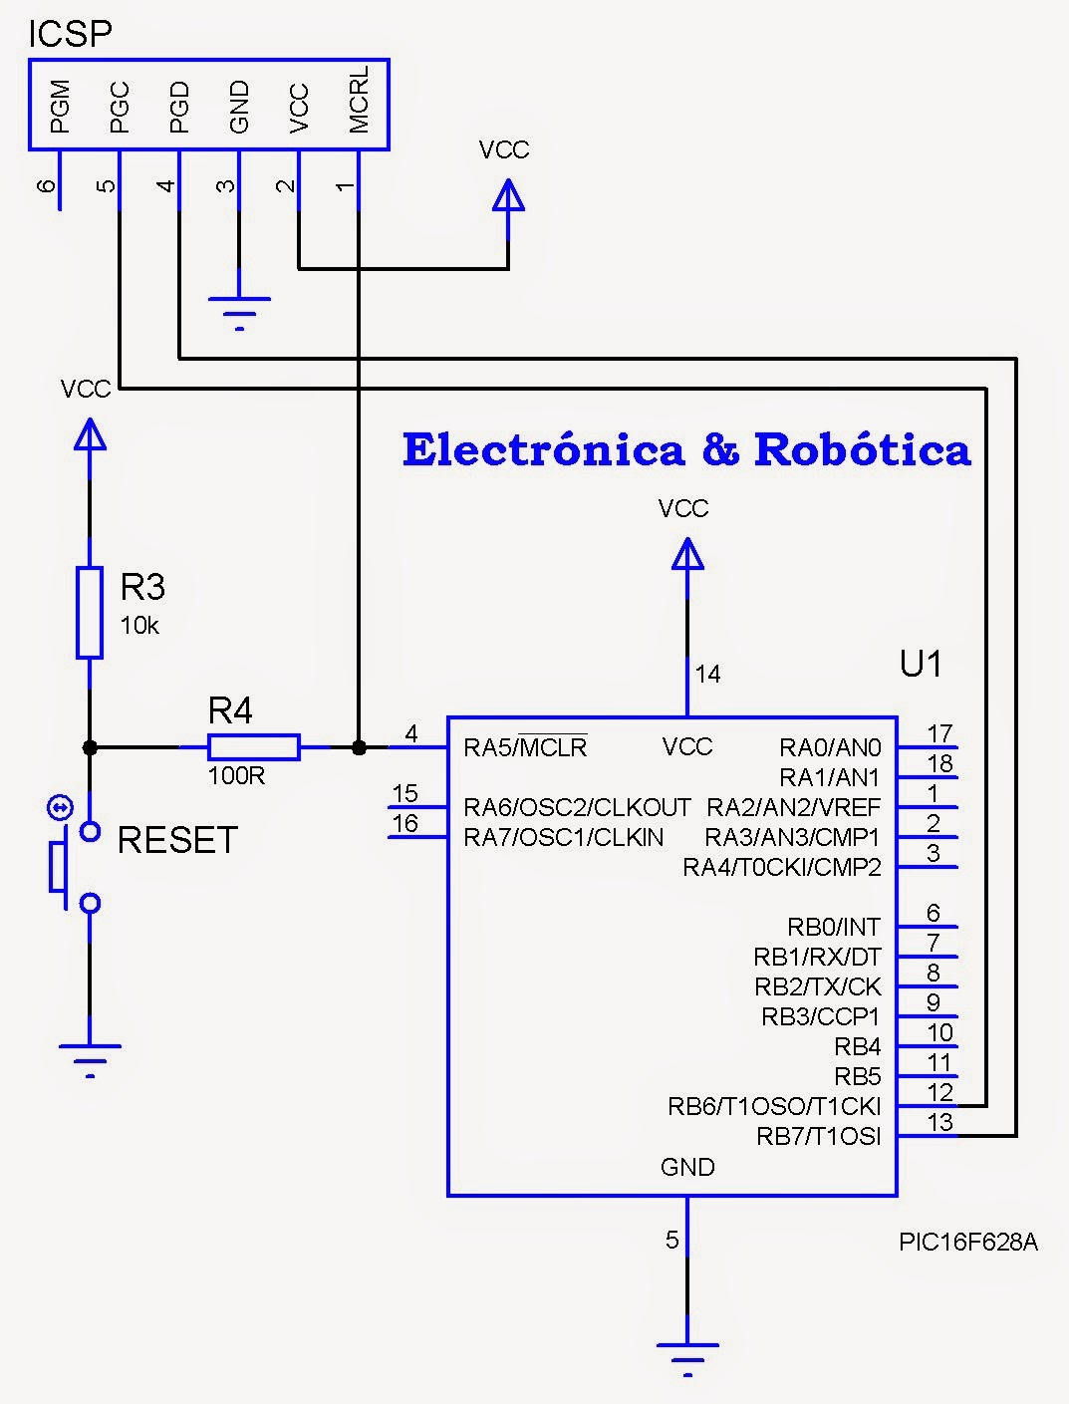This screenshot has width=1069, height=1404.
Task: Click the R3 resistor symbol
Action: [x=90, y=612]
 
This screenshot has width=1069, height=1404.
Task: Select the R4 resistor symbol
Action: [x=253, y=746]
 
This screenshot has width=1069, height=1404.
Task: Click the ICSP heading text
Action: [x=70, y=34]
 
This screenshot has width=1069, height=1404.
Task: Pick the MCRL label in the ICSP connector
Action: [x=359, y=101]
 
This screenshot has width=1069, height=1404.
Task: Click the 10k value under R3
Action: [x=139, y=626]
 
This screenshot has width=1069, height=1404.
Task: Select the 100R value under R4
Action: [x=236, y=776]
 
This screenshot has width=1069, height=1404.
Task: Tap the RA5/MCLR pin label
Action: [x=525, y=747]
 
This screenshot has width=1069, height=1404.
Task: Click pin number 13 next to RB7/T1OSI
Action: [x=939, y=1122]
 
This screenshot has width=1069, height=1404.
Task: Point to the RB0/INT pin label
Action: [x=834, y=927]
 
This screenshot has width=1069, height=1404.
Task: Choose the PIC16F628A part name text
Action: [x=967, y=1243]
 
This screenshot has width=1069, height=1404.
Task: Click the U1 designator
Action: [x=921, y=664]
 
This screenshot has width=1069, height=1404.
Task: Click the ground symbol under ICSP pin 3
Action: [x=239, y=311]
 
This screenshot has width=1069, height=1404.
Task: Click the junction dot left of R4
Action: [x=90, y=746]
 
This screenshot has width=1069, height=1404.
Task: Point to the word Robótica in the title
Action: [x=862, y=450]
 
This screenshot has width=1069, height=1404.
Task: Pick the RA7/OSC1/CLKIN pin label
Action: [x=563, y=837]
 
